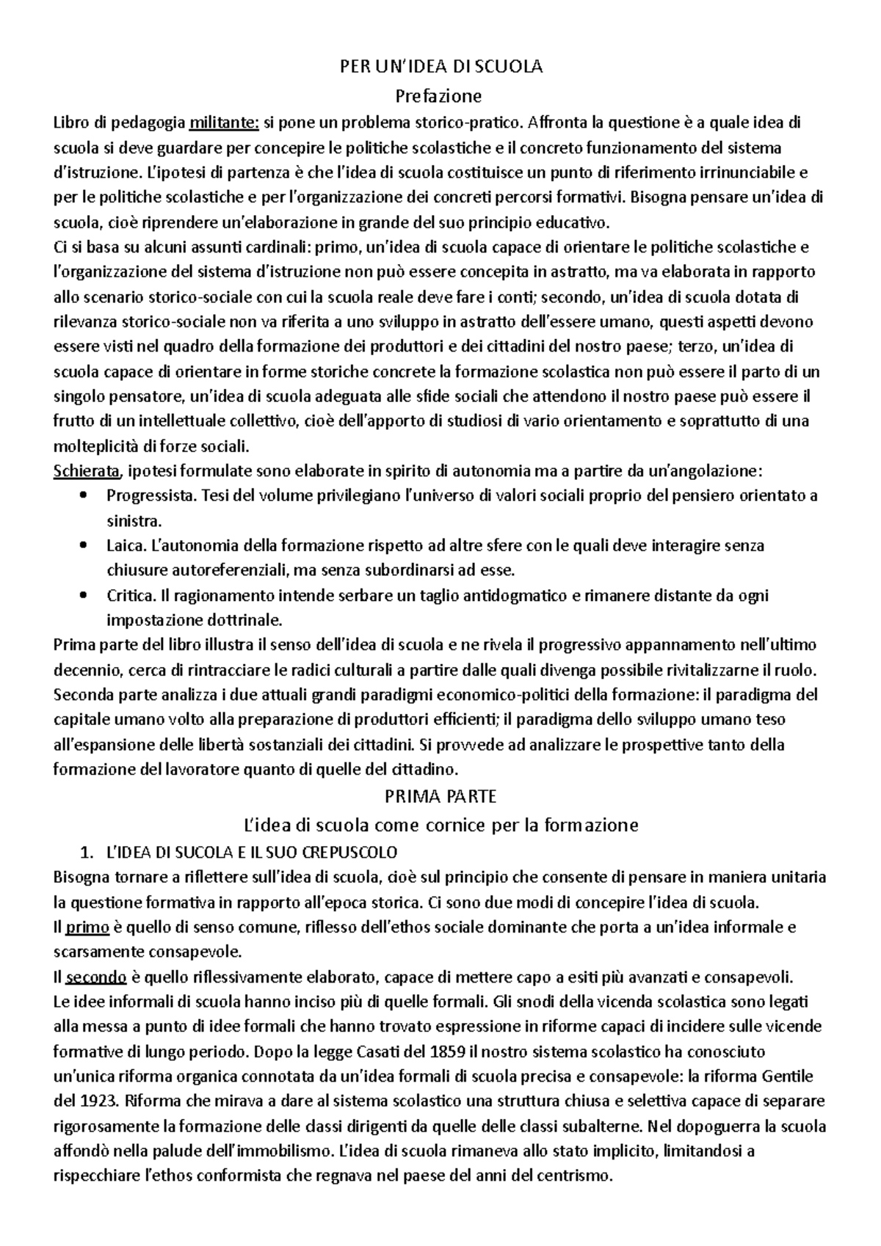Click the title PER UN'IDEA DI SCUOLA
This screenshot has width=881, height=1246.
click(x=440, y=67)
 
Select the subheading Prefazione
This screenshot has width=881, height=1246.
click(x=438, y=96)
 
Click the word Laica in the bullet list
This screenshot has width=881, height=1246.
click(x=126, y=546)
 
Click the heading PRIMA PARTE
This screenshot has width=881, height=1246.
click(x=440, y=796)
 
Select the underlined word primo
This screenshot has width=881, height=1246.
click(x=87, y=928)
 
